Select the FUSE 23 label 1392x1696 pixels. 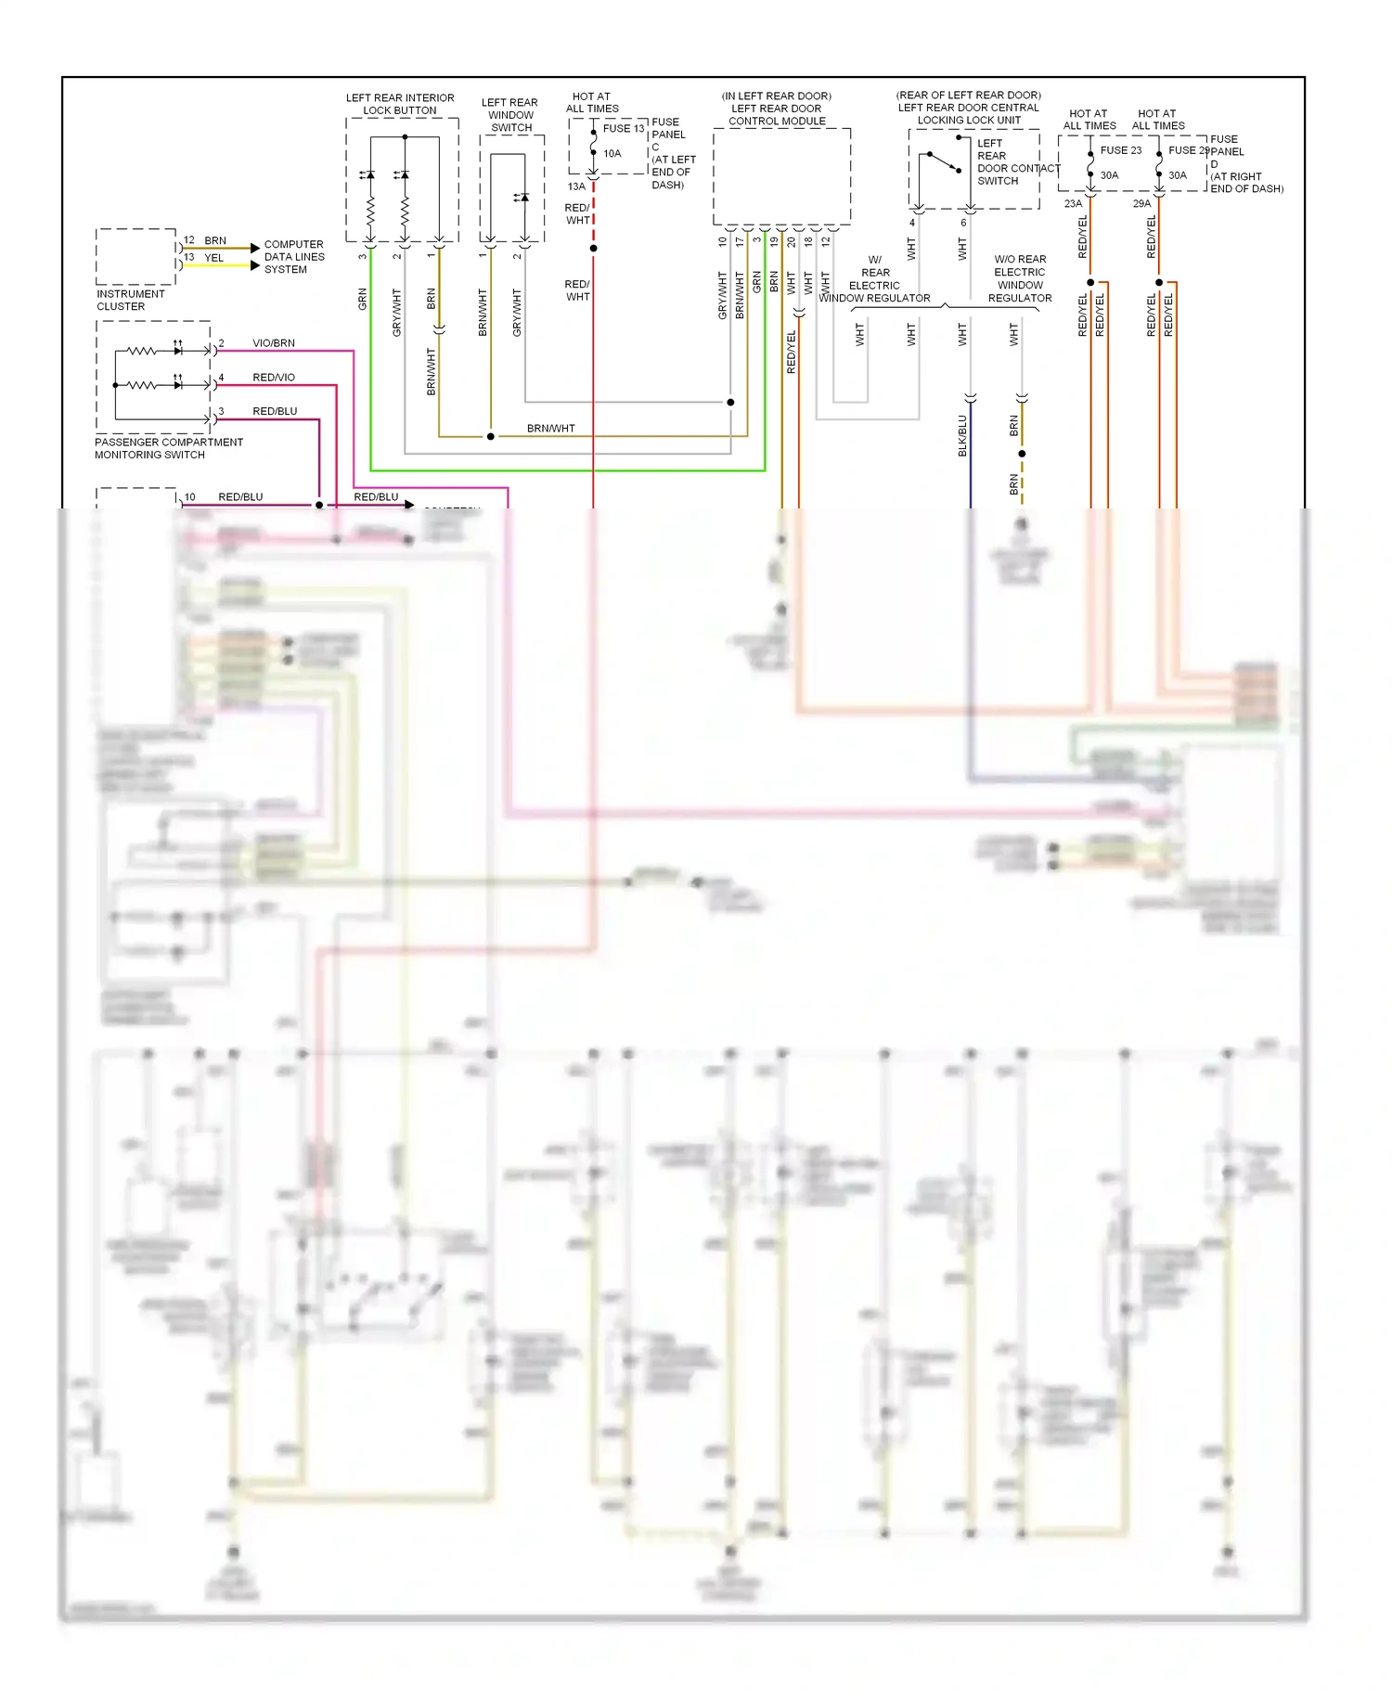(1120, 150)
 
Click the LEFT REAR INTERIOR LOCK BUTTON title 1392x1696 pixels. (400, 104)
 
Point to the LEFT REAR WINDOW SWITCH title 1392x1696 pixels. (509, 115)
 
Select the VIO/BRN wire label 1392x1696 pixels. (274, 343)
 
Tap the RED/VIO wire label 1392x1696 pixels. (274, 378)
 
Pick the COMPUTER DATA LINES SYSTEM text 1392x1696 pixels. (294, 257)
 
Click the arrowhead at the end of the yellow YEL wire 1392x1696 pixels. (255, 265)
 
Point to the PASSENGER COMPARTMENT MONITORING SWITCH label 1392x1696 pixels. (168, 448)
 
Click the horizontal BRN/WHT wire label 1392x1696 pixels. (550, 429)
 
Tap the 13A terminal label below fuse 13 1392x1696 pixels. (576, 186)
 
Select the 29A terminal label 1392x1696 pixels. (1141, 203)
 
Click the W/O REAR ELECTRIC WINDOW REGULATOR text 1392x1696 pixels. (1020, 278)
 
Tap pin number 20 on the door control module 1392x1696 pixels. (792, 241)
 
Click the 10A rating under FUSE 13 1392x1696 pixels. (612, 154)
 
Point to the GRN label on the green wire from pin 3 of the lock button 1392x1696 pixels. (362, 299)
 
